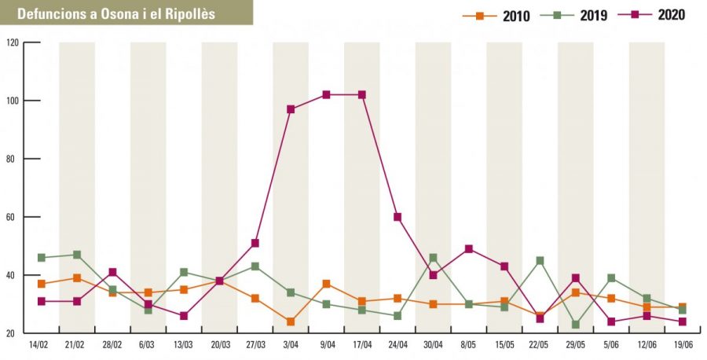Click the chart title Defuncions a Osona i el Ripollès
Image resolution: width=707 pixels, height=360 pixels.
coord(115,14)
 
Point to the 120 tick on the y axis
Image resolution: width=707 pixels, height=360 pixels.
coord(13,42)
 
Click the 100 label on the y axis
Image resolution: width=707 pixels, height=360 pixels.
coord(13,101)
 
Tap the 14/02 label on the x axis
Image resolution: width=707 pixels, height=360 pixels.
coord(40,345)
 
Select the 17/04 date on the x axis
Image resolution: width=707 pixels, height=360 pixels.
coord(361,345)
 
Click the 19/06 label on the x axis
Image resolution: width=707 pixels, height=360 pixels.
coord(682,345)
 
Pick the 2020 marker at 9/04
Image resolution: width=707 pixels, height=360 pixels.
coord(326,95)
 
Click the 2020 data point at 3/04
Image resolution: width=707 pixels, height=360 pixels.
coord(291,109)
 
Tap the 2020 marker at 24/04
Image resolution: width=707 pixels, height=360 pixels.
coord(397,217)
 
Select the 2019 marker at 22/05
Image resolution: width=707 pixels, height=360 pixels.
coord(540,260)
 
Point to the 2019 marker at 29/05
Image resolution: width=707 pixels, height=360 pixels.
coord(576,325)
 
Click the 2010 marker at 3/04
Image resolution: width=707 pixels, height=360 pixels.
coord(291,321)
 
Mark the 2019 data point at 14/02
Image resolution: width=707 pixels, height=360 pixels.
coord(41,258)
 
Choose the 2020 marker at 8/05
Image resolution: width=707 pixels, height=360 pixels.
coord(469,249)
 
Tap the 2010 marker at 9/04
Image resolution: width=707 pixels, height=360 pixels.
coord(326,284)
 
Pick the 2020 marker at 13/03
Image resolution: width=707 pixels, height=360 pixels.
coord(183,316)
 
